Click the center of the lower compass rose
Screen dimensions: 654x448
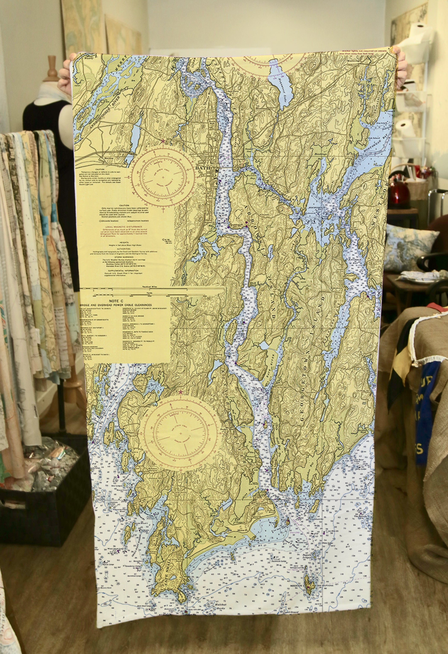[x=181, y=434]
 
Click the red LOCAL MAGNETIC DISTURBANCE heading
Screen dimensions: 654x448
[x=124, y=227]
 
